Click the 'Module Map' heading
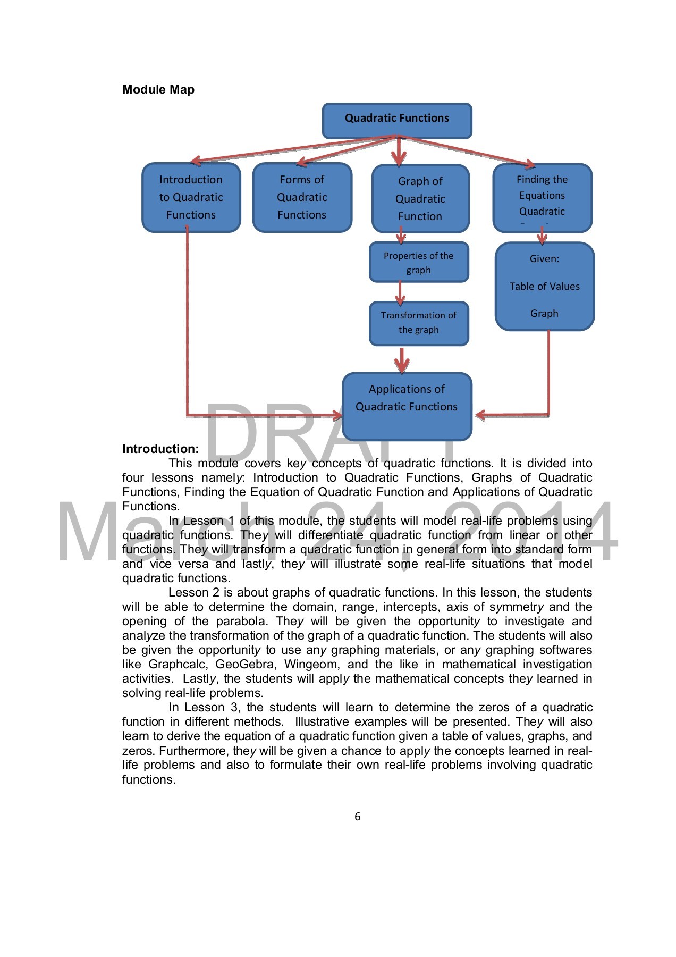pos(158,89)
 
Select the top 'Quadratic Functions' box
pos(396,119)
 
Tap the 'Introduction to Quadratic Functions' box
pos(191,197)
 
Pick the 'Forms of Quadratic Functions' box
pos(302,197)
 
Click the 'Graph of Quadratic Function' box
pos(420,198)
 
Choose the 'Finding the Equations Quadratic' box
pos(542,196)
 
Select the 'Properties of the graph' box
pos(419,263)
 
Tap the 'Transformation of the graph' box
pos(419,323)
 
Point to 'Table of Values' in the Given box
pos(544,286)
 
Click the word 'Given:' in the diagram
pos(544,259)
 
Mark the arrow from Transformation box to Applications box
pos(402,360)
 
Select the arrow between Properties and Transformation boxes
pos(401,292)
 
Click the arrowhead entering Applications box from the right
pos(480,415)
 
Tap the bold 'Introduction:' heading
pos(160,449)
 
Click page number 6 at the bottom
pos(357,817)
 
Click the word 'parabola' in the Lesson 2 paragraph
pos(241,621)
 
